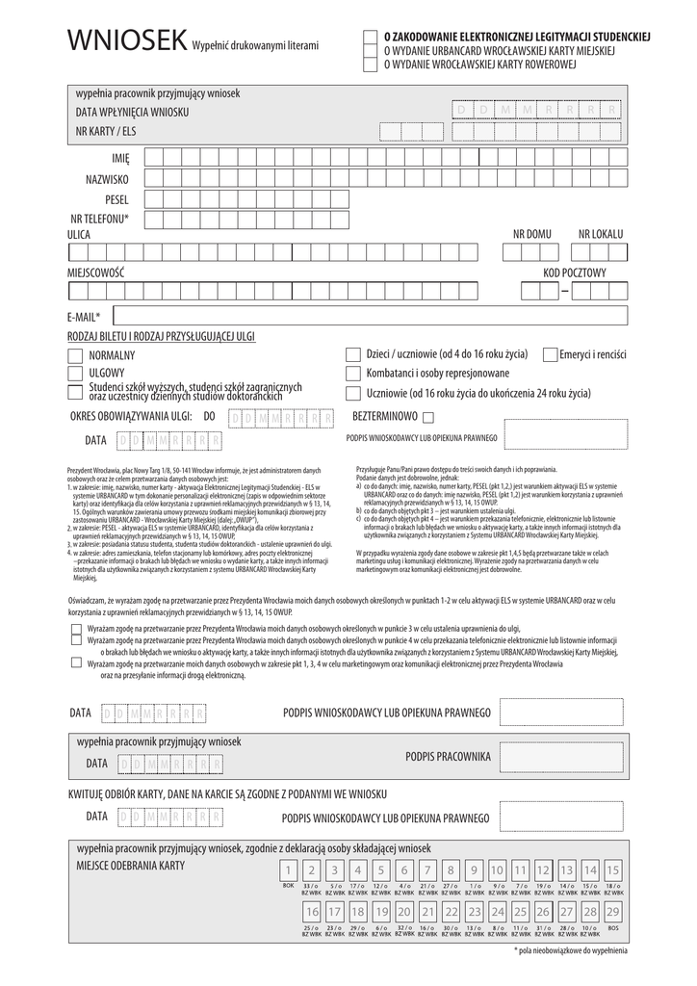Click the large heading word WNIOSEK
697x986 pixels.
click(x=126, y=40)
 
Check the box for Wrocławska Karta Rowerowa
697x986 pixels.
click(x=370, y=65)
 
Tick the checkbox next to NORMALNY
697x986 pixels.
click(x=75, y=355)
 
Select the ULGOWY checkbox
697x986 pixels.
click(x=75, y=373)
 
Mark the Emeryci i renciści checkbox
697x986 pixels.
click(x=550, y=354)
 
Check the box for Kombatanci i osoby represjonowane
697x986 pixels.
click(x=352, y=374)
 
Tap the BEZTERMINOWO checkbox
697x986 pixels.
click(x=428, y=417)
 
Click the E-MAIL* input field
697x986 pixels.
click(x=371, y=316)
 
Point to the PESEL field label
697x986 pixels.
click(x=116, y=199)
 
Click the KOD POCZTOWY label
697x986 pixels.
click(x=575, y=273)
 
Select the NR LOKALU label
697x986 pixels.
click(x=601, y=234)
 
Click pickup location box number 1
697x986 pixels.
click(x=287, y=870)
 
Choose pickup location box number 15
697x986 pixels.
click(x=613, y=870)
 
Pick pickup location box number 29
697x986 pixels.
click(x=613, y=911)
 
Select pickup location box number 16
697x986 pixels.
click(x=311, y=911)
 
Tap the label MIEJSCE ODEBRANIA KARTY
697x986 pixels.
click(x=130, y=865)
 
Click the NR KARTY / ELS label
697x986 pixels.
click(x=106, y=131)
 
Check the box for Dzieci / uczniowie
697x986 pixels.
click(x=352, y=354)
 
